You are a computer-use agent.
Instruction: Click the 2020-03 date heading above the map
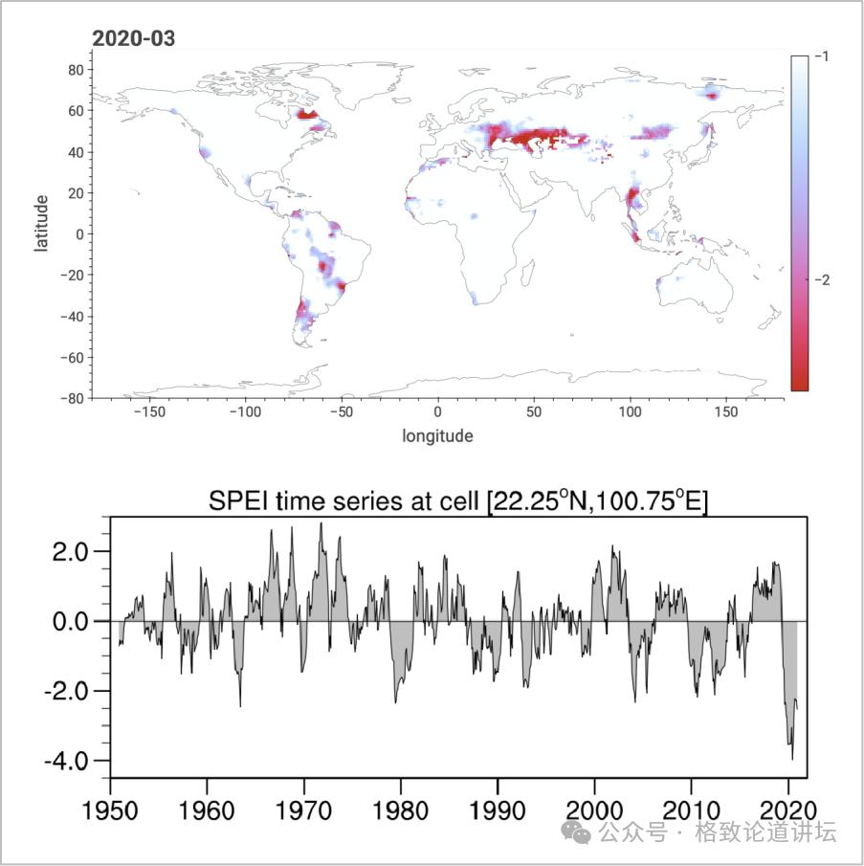click(x=133, y=39)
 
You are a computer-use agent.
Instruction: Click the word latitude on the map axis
click(x=41, y=223)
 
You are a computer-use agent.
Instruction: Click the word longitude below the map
click(x=437, y=436)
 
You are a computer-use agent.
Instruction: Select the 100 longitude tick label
click(x=630, y=413)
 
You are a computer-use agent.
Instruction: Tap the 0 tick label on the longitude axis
click(x=437, y=413)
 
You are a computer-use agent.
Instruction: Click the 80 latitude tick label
click(x=72, y=70)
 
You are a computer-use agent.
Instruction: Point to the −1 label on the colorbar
click(x=820, y=57)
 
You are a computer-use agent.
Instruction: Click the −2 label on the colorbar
click(x=820, y=279)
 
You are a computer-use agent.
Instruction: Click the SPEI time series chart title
click(x=458, y=501)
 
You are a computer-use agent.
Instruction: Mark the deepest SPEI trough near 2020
click(x=792, y=759)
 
